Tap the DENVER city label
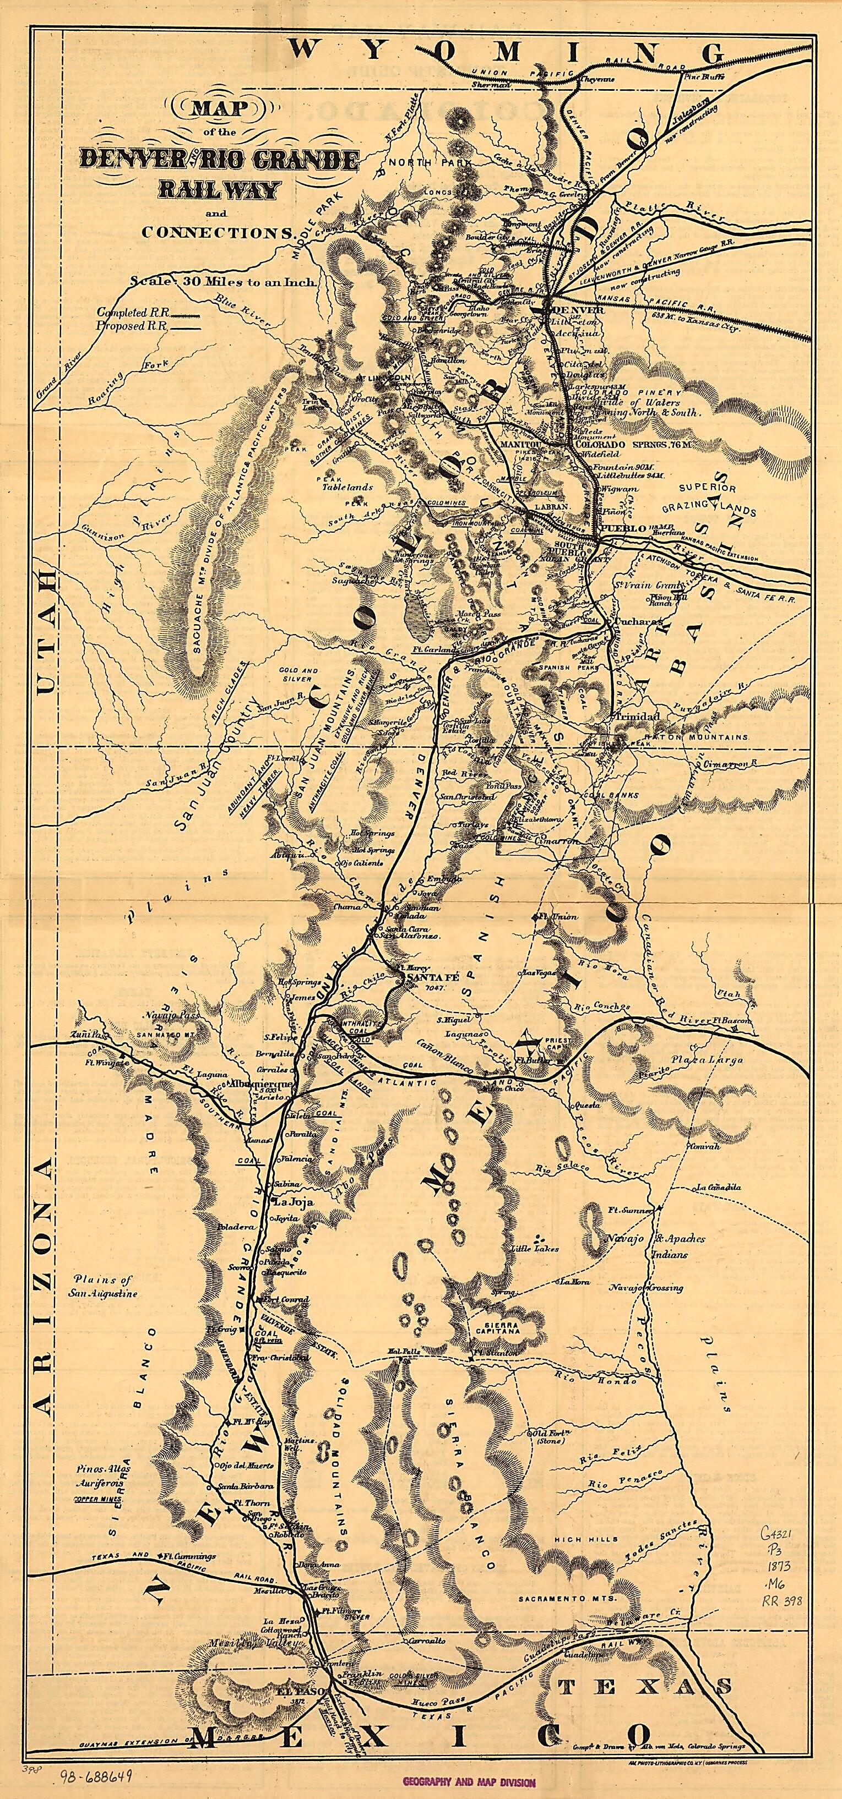[577, 309]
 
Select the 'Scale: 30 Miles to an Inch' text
[223, 283]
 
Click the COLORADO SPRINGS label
[621, 444]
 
